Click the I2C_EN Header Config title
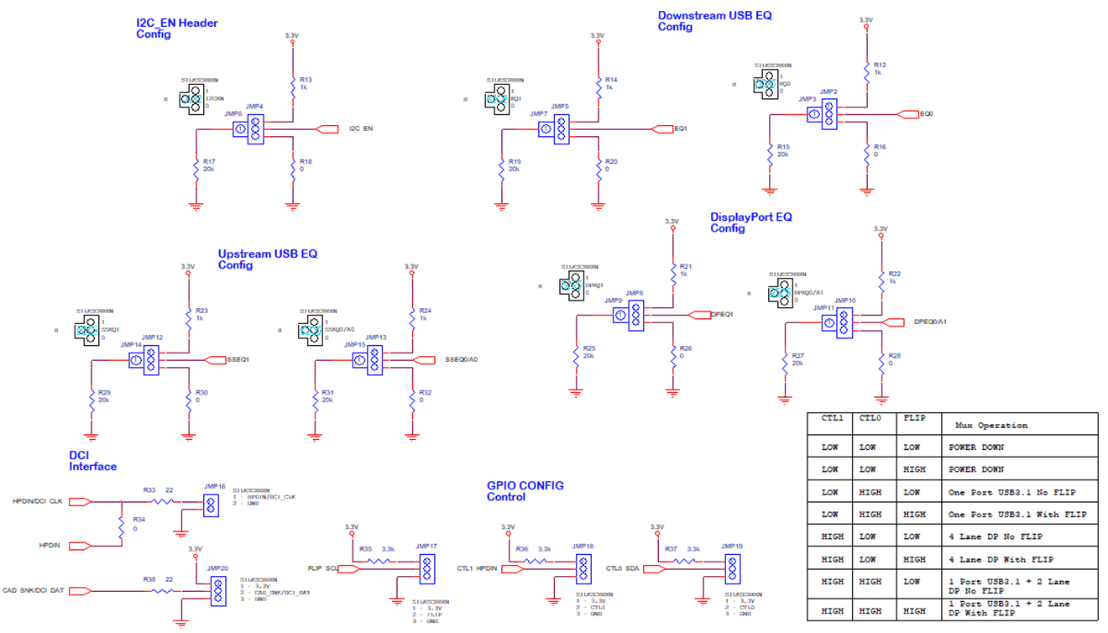click(x=177, y=29)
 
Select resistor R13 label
click(x=306, y=80)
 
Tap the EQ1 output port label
click(x=682, y=129)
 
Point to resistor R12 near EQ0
click(x=879, y=65)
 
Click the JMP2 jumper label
click(x=828, y=92)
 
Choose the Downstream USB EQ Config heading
click(x=714, y=21)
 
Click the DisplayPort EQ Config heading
click(x=750, y=222)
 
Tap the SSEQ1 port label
click(x=238, y=359)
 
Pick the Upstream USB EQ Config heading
click(x=267, y=259)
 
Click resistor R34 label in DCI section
click(x=138, y=520)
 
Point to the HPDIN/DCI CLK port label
click(x=38, y=501)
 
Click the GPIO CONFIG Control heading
click(x=525, y=491)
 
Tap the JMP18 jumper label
click(x=583, y=546)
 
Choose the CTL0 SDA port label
click(x=622, y=568)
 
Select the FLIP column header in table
click(x=913, y=417)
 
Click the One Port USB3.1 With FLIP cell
click(x=1017, y=515)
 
